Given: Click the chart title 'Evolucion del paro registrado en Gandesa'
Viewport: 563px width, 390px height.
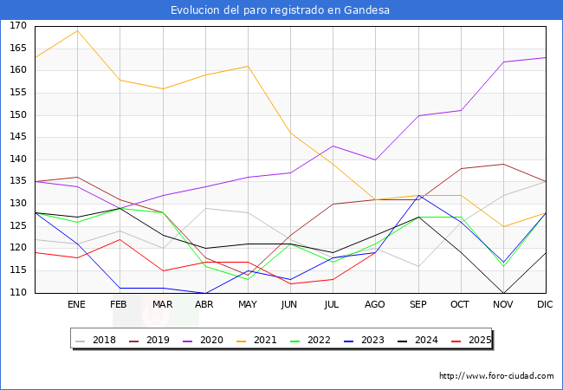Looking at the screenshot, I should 281,10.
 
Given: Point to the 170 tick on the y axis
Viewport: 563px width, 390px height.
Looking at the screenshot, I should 18,26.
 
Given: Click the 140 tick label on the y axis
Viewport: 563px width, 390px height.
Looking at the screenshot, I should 18,159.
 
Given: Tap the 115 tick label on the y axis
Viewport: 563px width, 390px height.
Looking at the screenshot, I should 18,270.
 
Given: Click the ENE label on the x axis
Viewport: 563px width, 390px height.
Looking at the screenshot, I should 77,305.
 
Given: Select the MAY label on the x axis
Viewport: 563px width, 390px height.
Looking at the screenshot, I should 248,305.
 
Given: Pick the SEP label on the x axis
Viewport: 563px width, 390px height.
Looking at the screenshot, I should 418,305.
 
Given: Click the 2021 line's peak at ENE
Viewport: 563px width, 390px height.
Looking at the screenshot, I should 77,30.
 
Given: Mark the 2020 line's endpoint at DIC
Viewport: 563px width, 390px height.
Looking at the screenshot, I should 546,57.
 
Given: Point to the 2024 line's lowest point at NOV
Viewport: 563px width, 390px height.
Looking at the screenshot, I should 503,293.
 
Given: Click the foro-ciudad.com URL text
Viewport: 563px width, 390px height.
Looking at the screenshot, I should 496,376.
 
